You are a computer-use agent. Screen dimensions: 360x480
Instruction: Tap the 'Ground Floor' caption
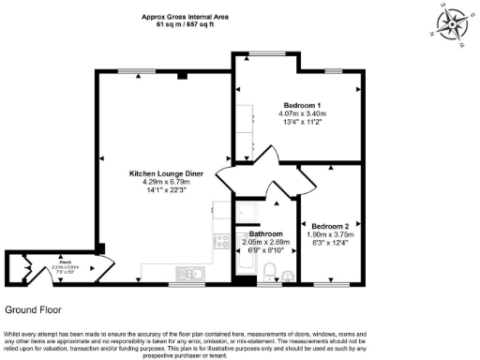[35, 308]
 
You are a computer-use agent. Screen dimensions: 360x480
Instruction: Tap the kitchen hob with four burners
[221, 242]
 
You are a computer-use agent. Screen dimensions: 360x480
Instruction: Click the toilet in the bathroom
[269, 272]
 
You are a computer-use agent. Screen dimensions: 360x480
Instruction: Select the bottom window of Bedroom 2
[332, 282]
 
